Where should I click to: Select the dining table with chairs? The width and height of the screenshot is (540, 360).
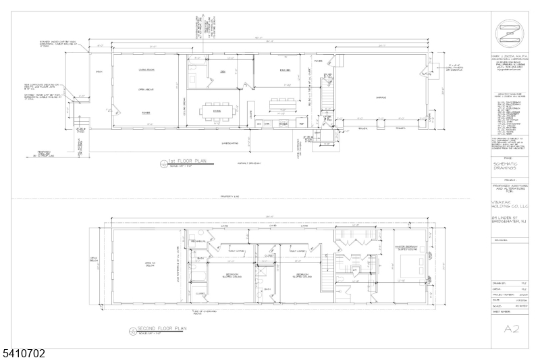(217, 111)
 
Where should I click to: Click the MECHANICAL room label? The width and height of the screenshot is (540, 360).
(196, 241)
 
